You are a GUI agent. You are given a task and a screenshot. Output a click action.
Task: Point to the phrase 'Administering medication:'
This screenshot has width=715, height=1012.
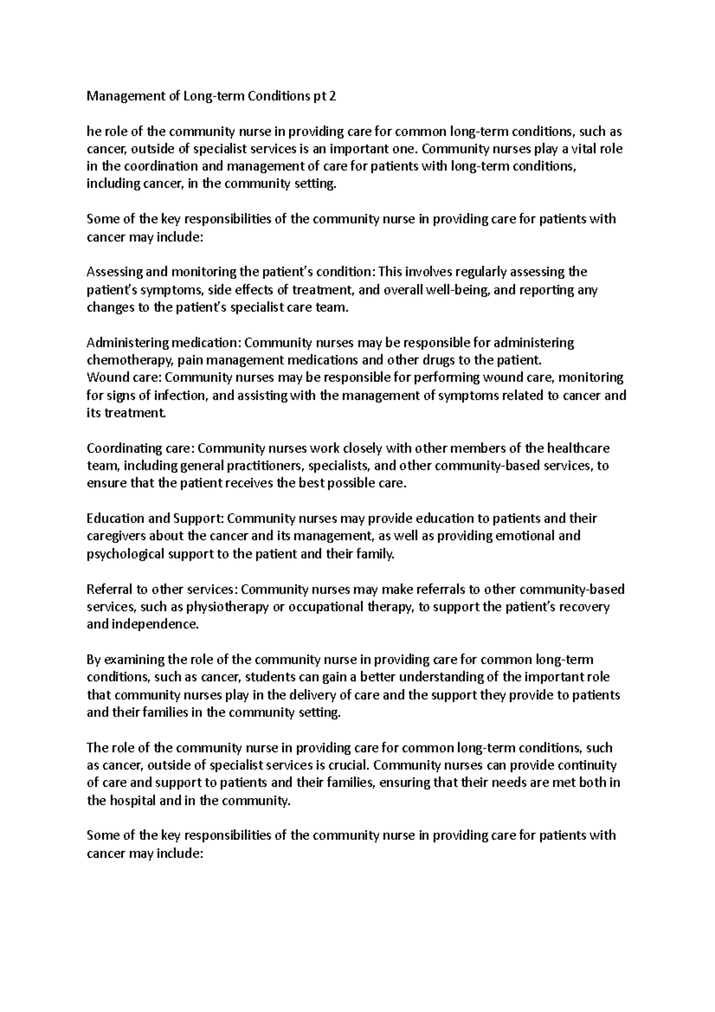pos(164,343)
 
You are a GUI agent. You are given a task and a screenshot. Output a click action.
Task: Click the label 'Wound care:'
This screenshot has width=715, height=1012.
pos(125,378)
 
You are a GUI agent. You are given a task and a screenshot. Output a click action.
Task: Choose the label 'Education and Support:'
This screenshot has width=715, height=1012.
pos(156,519)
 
